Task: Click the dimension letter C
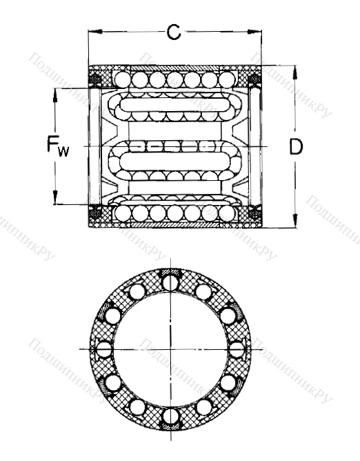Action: (x=174, y=31)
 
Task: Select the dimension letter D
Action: (x=296, y=148)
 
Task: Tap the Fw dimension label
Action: (x=57, y=146)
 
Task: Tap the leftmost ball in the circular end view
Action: (x=103, y=349)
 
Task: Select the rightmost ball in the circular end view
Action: (x=237, y=349)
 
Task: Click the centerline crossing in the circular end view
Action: (x=170, y=349)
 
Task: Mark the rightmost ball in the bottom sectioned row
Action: (x=226, y=213)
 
